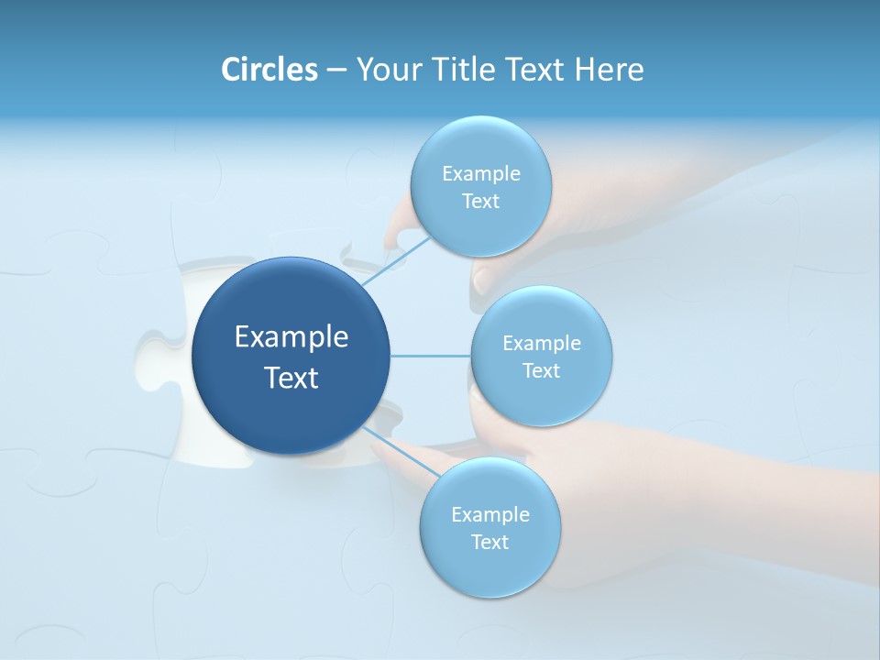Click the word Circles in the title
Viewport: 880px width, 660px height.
click(269, 70)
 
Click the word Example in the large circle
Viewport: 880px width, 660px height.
click(291, 337)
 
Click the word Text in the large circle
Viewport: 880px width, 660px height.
click(291, 378)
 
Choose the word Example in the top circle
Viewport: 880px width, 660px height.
click(480, 174)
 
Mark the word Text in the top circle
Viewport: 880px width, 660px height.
click(480, 202)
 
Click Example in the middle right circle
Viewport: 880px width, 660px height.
click(541, 344)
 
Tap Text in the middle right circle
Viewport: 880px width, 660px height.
click(541, 371)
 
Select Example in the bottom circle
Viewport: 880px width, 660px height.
click(489, 515)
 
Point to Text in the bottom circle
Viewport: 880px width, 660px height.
click(489, 543)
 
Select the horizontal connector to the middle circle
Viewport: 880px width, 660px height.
click(431, 356)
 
